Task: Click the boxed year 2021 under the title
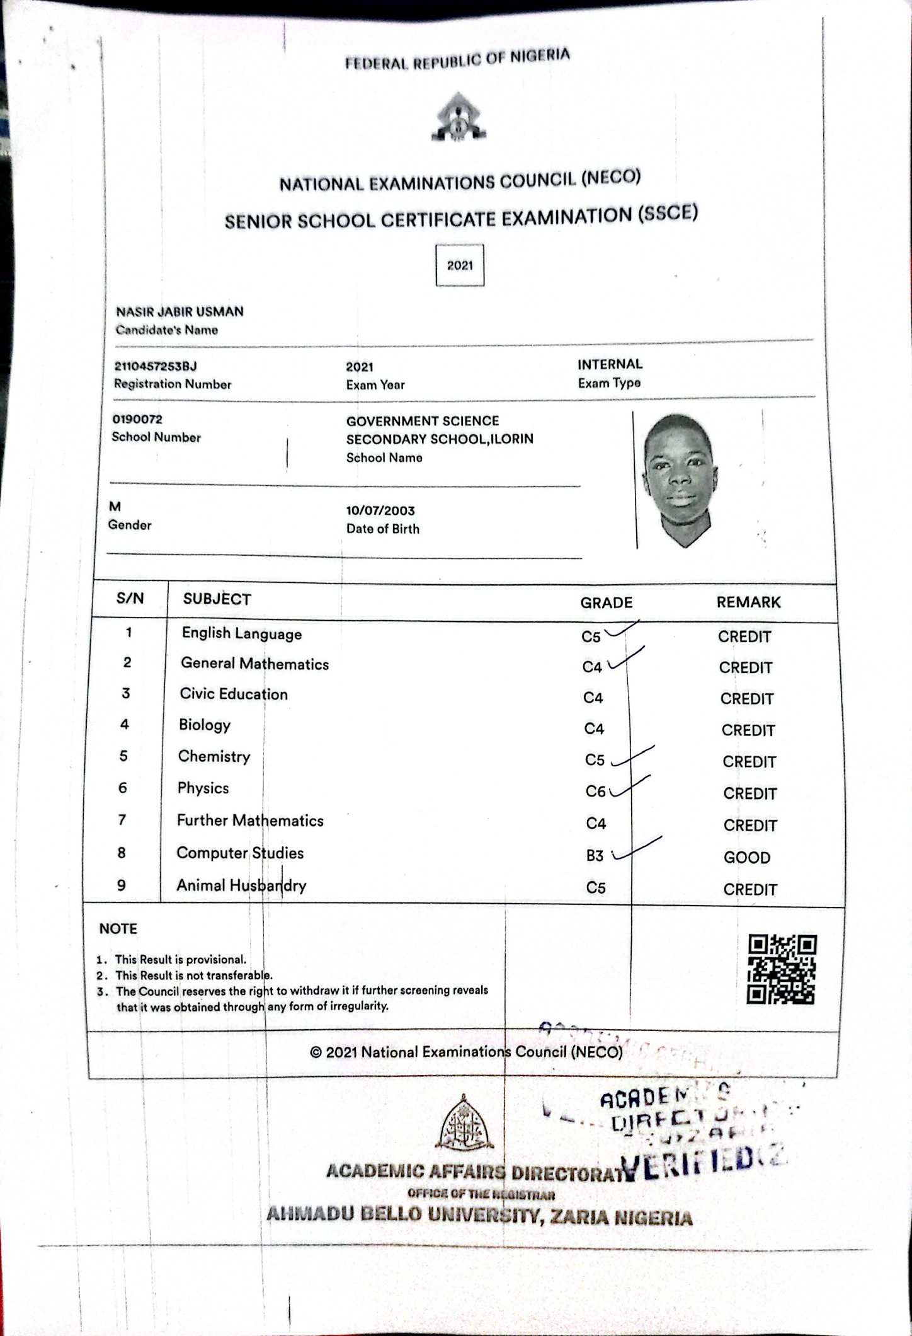coord(460,265)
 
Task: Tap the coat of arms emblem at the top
coord(459,118)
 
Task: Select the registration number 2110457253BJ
coord(156,366)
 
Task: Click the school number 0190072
coord(137,419)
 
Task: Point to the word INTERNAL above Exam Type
coord(610,364)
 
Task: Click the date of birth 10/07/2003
coord(380,510)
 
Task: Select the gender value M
coord(115,506)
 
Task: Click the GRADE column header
coord(606,603)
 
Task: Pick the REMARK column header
coord(748,602)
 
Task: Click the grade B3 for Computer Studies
coord(595,855)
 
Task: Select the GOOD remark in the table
coord(747,857)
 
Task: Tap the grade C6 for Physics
coord(595,792)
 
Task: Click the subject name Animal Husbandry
coord(241,885)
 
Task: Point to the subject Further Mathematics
coord(250,821)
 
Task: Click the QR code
coord(781,969)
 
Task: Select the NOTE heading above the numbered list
coord(118,928)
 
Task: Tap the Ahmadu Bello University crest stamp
coord(464,1123)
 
